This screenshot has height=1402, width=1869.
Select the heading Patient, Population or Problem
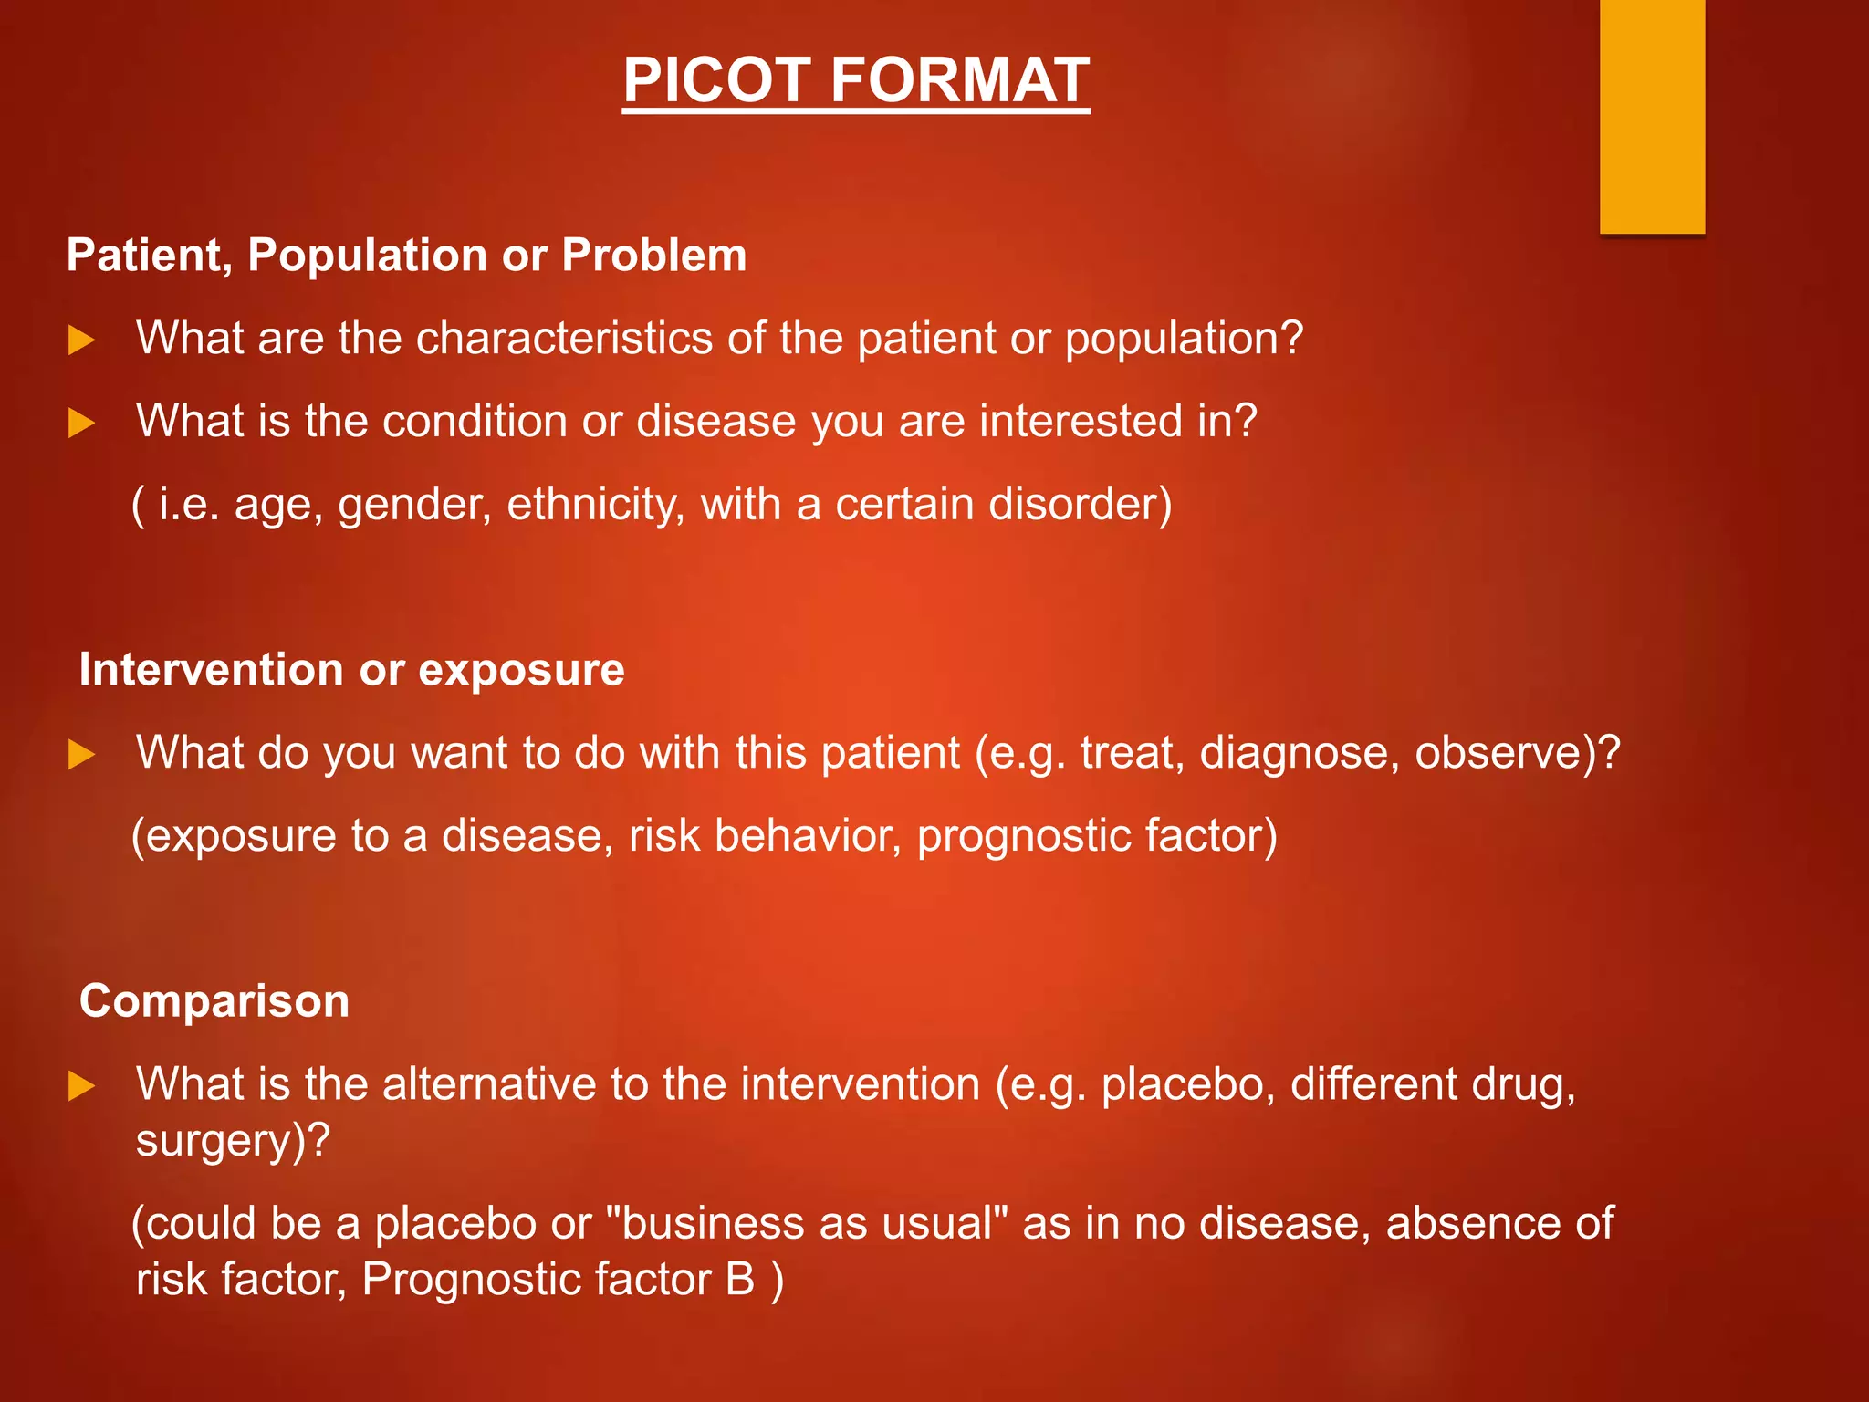pos(407,255)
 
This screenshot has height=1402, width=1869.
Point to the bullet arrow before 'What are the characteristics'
pos(82,340)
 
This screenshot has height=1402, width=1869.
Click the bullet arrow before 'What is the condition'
pos(82,424)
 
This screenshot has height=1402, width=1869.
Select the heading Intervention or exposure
pos(352,670)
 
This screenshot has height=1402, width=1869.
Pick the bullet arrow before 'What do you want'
pos(82,755)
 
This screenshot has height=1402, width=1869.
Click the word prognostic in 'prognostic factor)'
pos(1022,836)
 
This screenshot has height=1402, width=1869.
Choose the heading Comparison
pos(214,1001)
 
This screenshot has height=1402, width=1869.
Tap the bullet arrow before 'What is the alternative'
pos(82,1086)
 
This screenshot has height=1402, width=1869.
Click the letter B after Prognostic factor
pos(740,1279)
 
